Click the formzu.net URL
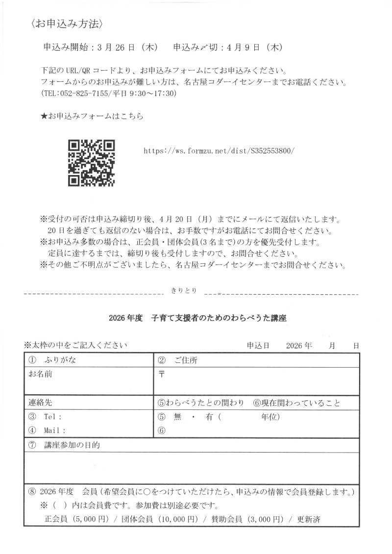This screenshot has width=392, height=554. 219,151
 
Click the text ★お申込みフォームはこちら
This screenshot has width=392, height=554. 91,116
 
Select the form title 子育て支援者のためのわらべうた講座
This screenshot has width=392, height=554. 219,318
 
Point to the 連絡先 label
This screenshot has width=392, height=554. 40,403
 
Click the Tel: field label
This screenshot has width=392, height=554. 52,417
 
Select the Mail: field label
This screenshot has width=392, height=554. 54,430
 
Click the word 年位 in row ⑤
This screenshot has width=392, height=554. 269,417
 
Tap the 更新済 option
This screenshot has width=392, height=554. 309,519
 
